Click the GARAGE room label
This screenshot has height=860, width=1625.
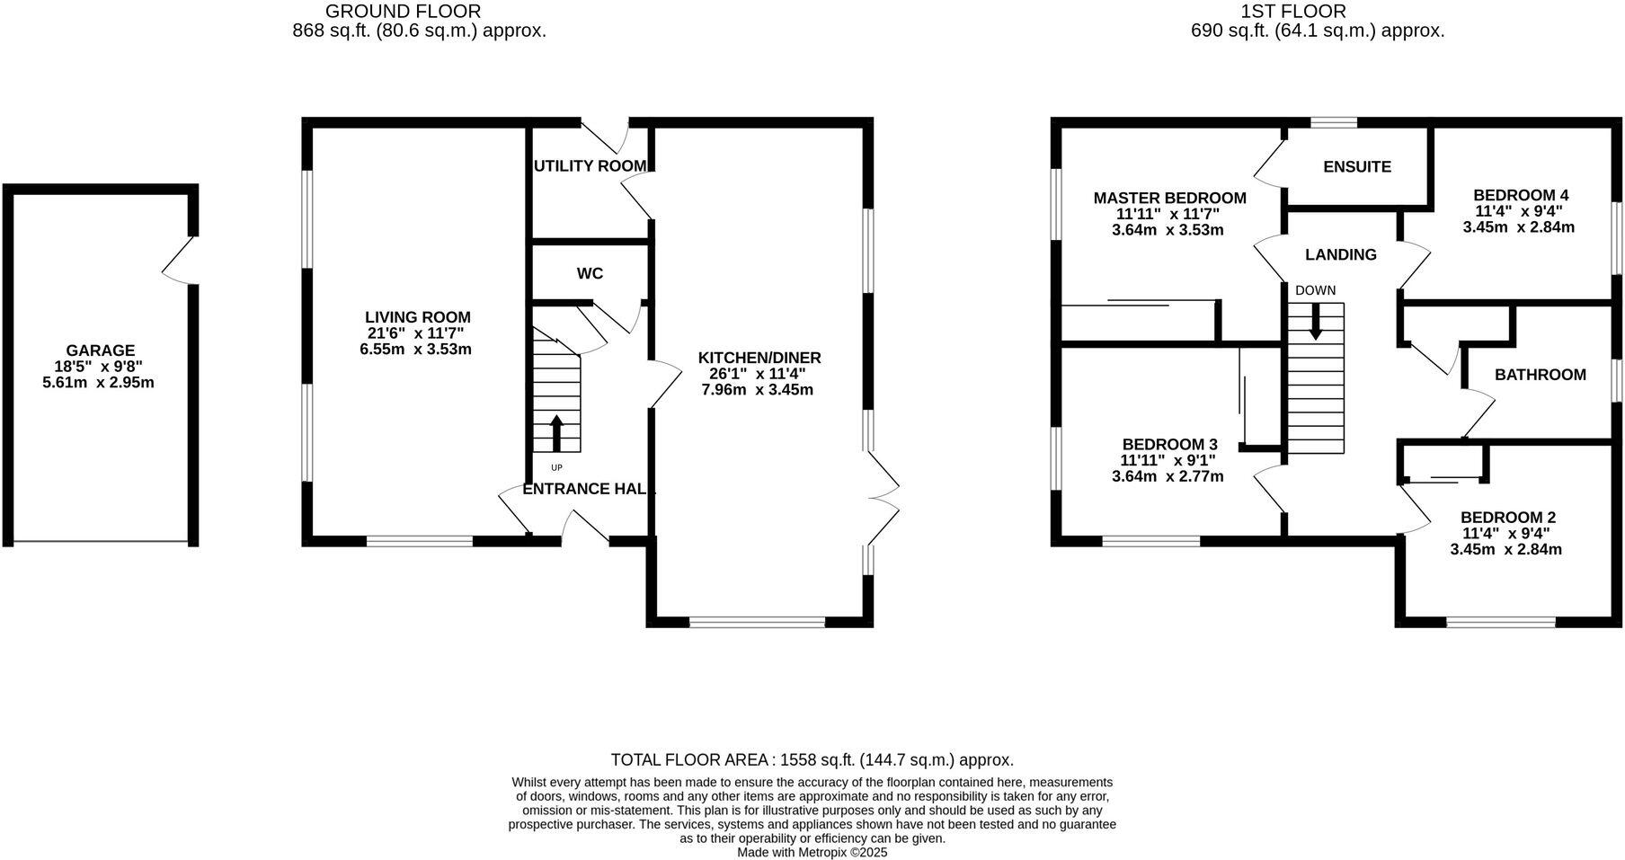pos(101,350)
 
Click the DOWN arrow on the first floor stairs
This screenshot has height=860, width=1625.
pos(1316,322)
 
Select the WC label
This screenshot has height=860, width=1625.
pos(590,273)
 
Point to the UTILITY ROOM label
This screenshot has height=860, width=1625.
pos(590,165)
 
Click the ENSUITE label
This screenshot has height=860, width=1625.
pos(1357,166)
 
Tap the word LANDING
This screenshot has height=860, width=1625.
pos(1340,254)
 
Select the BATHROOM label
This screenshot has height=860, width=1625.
pos(1540,375)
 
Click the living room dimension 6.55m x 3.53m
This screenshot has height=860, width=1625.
pos(416,350)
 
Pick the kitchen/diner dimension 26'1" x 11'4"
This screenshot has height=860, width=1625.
pos(758,374)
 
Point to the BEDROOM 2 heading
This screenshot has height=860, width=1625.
pos(1507,518)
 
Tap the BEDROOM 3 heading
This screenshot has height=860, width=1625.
pos(1169,444)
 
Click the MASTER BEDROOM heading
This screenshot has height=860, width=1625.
pos(1169,198)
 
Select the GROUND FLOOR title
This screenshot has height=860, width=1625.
pos(403,12)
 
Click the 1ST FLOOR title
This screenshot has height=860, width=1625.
pos(1293,12)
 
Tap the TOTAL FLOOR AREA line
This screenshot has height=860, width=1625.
pos(812,760)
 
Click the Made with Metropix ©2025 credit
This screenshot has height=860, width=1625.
pos(812,852)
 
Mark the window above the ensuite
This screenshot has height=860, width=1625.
pos(1333,123)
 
